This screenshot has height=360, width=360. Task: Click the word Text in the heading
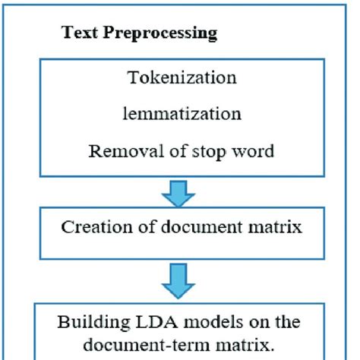[x=77, y=33]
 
